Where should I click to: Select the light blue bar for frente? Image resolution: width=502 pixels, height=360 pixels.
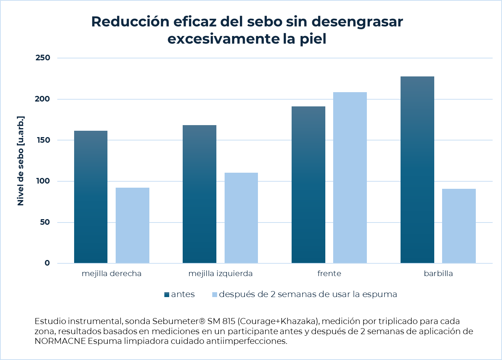click(x=350, y=178)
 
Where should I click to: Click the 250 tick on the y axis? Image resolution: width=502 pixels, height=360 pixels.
click(x=43, y=58)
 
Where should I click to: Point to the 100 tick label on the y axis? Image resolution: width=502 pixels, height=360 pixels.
click(x=43, y=181)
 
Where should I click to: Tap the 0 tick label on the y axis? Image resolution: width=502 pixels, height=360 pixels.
click(x=47, y=263)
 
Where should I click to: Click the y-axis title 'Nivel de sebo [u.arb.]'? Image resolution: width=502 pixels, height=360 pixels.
click(x=21, y=161)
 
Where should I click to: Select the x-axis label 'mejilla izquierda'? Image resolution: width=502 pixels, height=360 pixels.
click(x=220, y=273)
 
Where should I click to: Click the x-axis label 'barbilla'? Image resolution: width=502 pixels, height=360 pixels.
click(x=438, y=273)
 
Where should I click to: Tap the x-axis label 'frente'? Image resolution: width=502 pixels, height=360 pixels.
click(x=329, y=273)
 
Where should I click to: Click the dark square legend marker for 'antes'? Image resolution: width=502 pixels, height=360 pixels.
click(x=167, y=295)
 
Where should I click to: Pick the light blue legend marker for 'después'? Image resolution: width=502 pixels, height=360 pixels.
click(x=215, y=295)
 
